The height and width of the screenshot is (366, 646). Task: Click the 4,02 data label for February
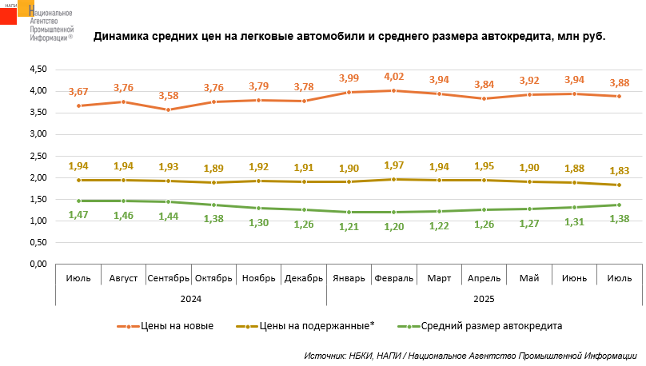pyautogui.click(x=394, y=77)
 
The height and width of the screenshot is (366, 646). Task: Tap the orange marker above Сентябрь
pyautogui.click(x=168, y=109)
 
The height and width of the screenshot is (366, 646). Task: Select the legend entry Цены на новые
pyautogui.click(x=171, y=326)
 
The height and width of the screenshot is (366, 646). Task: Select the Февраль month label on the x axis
pyautogui.click(x=394, y=278)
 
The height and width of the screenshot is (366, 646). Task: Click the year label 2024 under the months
pyautogui.click(x=190, y=297)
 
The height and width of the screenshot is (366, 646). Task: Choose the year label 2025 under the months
pyautogui.click(x=484, y=297)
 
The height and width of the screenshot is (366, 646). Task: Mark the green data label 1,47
pyautogui.click(x=78, y=215)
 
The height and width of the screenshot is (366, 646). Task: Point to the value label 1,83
pyautogui.click(x=619, y=171)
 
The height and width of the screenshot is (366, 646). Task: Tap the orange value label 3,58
pyautogui.click(x=168, y=96)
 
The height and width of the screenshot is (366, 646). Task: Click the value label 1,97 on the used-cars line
pyautogui.click(x=394, y=165)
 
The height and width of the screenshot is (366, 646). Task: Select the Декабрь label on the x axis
pyautogui.click(x=304, y=278)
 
